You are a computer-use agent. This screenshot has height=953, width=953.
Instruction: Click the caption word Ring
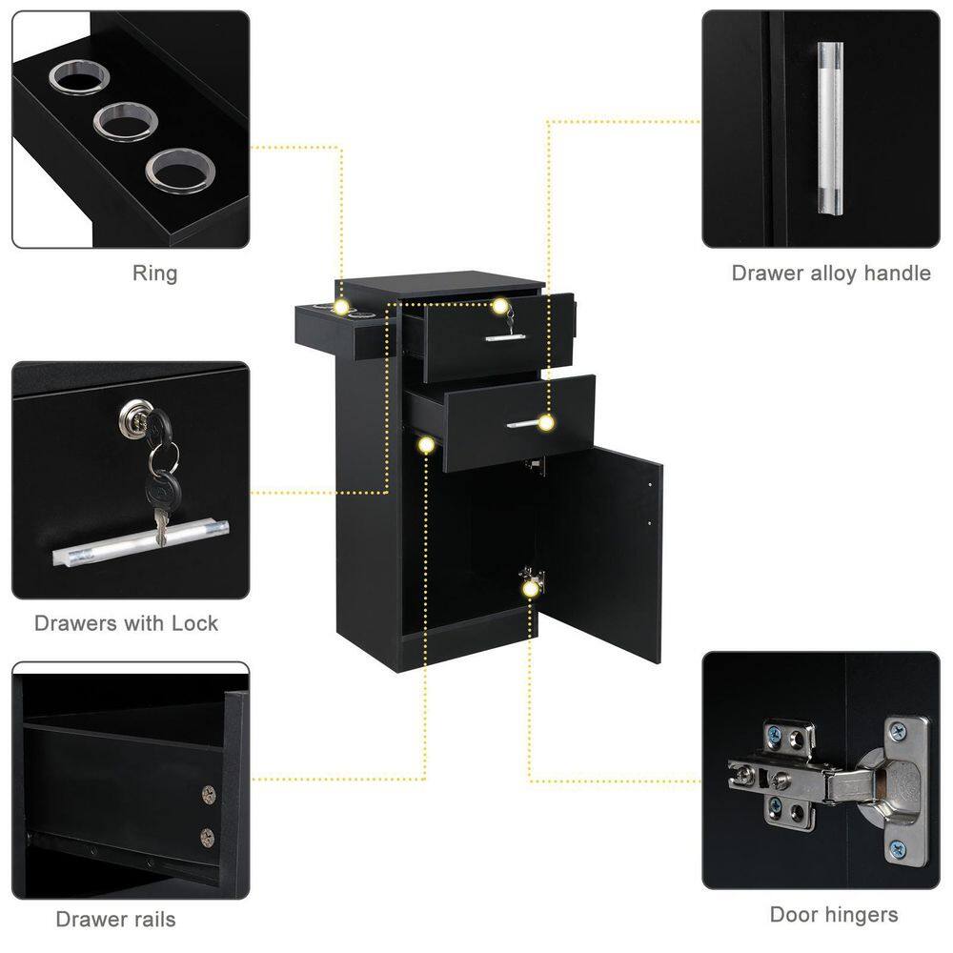pyautogui.click(x=155, y=274)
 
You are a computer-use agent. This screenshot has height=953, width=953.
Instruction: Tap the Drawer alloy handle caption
pyautogui.click(x=831, y=273)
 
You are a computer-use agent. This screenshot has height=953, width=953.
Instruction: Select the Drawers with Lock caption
pyautogui.click(x=126, y=623)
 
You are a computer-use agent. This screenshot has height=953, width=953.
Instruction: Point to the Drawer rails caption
pyautogui.click(x=115, y=919)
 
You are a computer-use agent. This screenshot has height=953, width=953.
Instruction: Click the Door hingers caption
pyautogui.click(x=834, y=915)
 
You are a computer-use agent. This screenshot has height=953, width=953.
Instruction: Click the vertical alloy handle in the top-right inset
pyautogui.click(x=830, y=128)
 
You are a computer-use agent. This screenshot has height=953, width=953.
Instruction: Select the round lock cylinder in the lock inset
pyautogui.click(x=136, y=416)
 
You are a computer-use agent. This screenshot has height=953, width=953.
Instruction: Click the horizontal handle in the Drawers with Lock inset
pyautogui.click(x=140, y=543)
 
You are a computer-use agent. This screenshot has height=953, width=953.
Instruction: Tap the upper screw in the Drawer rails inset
pyautogui.click(x=209, y=795)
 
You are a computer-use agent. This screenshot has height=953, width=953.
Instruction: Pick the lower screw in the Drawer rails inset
pyautogui.click(x=207, y=838)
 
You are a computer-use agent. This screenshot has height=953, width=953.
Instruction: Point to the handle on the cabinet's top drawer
pyautogui.click(x=505, y=336)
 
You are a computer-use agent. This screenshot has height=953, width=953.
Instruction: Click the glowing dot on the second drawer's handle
pyautogui.click(x=546, y=423)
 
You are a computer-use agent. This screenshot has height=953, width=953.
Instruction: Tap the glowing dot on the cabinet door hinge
pyautogui.click(x=531, y=588)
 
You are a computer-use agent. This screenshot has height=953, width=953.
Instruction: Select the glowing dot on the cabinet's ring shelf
pyautogui.click(x=341, y=307)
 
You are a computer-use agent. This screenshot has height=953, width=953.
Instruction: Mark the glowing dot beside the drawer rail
pyautogui.click(x=427, y=445)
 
